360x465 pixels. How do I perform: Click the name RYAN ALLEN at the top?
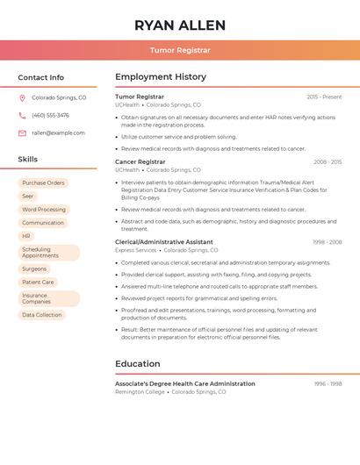[x=180, y=25]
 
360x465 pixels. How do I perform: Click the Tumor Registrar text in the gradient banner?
[x=180, y=51]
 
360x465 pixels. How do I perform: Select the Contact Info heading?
[x=40, y=78]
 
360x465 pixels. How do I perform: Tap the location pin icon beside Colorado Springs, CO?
[x=22, y=98]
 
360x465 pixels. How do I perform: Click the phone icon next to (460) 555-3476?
[x=22, y=116]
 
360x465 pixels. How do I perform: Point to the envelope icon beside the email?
[x=22, y=133]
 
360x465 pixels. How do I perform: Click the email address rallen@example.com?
[x=58, y=133]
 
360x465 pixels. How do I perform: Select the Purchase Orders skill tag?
[x=43, y=183]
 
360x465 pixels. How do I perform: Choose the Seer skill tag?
[x=28, y=197]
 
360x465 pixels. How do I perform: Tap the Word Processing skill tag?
[x=44, y=210]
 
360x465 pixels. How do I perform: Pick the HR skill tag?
[x=26, y=236]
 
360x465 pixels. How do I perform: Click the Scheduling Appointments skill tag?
[x=40, y=253]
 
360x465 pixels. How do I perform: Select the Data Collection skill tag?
[x=42, y=315]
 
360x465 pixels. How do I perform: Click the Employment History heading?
[x=161, y=77]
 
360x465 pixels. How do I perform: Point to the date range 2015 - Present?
[x=324, y=97]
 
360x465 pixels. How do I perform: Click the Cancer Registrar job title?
[x=140, y=161]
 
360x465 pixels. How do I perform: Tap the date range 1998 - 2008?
[x=327, y=241]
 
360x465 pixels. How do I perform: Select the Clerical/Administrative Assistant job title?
[x=164, y=241]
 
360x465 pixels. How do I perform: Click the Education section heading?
[x=138, y=364]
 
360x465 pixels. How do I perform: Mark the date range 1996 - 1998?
[x=327, y=383]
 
